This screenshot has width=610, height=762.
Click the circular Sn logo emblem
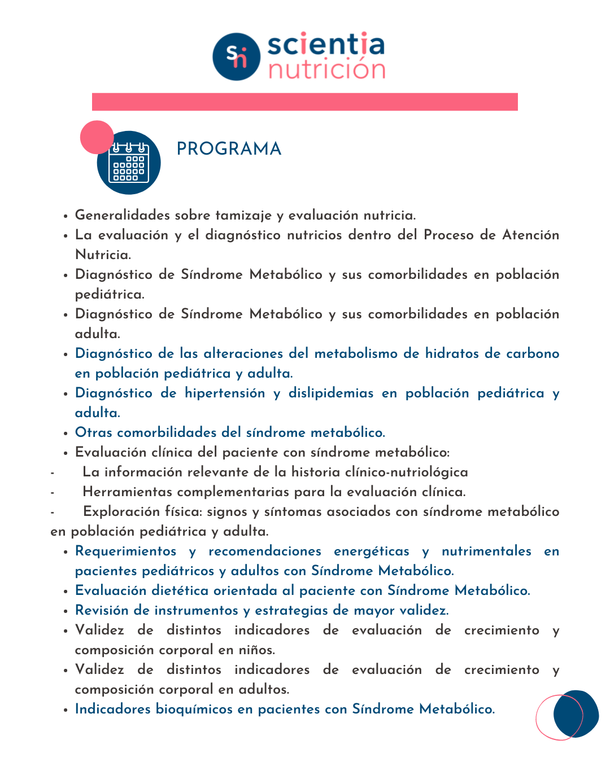click(x=236, y=56)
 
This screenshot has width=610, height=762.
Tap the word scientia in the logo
click(x=325, y=45)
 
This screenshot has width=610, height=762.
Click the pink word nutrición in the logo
click(x=326, y=70)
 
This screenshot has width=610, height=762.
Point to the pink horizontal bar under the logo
click(x=305, y=102)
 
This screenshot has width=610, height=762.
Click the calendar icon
click(x=129, y=163)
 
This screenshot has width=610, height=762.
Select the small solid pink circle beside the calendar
click(x=97, y=137)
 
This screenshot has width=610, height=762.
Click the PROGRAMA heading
click(x=229, y=149)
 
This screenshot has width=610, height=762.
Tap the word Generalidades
click(x=123, y=215)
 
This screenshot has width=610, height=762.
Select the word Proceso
click(x=448, y=235)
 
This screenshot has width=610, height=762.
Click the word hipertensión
click(x=225, y=393)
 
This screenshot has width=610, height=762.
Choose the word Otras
click(x=94, y=432)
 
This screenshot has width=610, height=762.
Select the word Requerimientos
click(x=125, y=551)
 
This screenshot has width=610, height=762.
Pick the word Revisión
click(x=102, y=610)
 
